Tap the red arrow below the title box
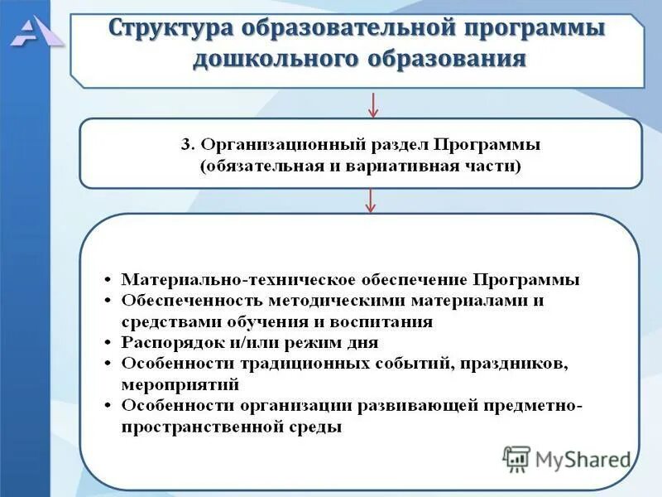(x=373, y=104)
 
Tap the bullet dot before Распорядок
(x=109, y=342)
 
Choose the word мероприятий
(x=180, y=384)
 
